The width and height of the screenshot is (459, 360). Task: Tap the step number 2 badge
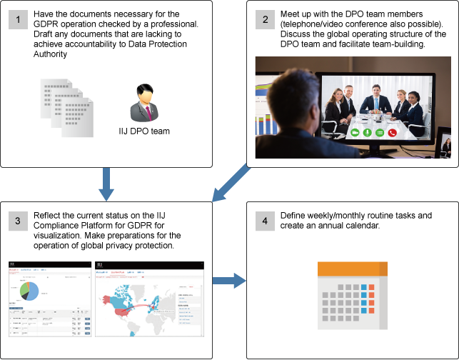pyautogui.click(x=266, y=20)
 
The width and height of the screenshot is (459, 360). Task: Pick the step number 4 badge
pyautogui.click(x=266, y=222)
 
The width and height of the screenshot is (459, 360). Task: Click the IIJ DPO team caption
pyautogui.click(x=144, y=131)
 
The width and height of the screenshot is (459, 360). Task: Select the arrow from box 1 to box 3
pyautogui.click(x=106, y=184)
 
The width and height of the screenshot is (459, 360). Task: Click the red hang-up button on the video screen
pyautogui.click(x=392, y=132)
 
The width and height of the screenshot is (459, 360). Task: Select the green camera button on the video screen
pyautogui.click(x=355, y=132)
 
